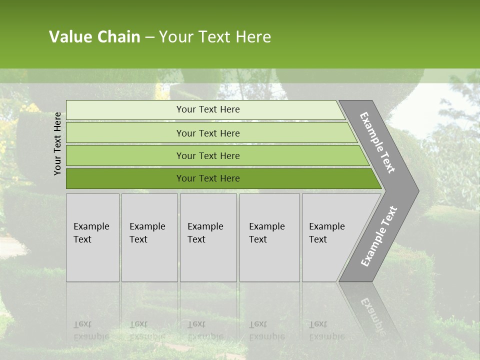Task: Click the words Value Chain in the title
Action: pyautogui.click(x=94, y=37)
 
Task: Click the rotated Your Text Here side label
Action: pyautogui.click(x=57, y=143)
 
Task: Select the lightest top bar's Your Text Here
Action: pyautogui.click(x=208, y=109)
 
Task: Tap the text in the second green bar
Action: pyautogui.click(x=208, y=133)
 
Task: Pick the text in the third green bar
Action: pyautogui.click(x=208, y=156)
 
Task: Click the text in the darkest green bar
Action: pyautogui.click(x=208, y=178)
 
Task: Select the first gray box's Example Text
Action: pyautogui.click(x=91, y=233)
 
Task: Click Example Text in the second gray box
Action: pyautogui.click(x=147, y=233)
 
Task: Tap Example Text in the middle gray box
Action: pyautogui.click(x=205, y=233)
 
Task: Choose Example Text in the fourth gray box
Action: pyautogui.click(x=266, y=233)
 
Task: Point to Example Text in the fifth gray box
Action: pyautogui.click(x=326, y=233)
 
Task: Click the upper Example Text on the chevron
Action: pyautogui.click(x=377, y=143)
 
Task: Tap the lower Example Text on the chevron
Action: pyautogui.click(x=378, y=236)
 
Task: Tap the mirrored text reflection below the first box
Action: pyautogui.click(x=91, y=330)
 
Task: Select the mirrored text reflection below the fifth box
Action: pyautogui.click(x=326, y=330)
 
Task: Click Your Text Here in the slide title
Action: pyautogui.click(x=215, y=37)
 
